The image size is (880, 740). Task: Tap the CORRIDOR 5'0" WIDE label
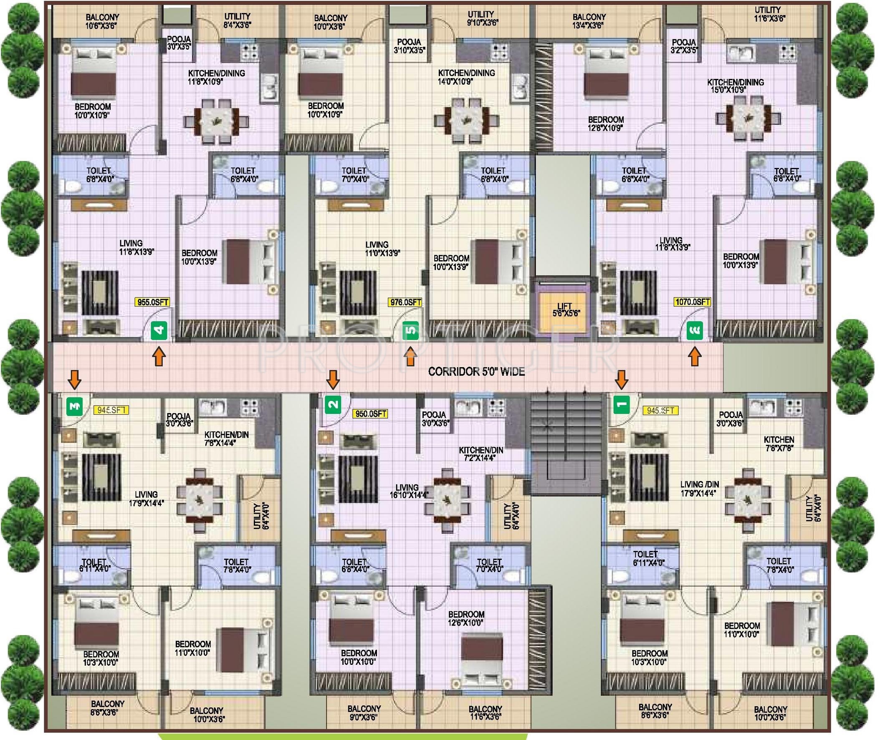pyautogui.click(x=476, y=371)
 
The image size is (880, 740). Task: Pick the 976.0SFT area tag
pyautogui.click(x=405, y=302)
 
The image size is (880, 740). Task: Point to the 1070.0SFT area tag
pyautogui.click(x=692, y=302)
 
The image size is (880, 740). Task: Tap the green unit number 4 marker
pyautogui.click(x=159, y=331)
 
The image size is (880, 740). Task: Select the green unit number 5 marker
pyautogui.click(x=411, y=331)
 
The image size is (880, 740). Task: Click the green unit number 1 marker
pyautogui.click(x=622, y=404)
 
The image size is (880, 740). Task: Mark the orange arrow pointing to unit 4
pyautogui.click(x=159, y=358)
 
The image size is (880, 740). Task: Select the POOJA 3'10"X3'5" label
pyautogui.click(x=409, y=46)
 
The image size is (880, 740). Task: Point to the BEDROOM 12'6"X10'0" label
pyautogui.click(x=466, y=619)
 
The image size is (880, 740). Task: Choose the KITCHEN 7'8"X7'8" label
pyautogui.click(x=779, y=443)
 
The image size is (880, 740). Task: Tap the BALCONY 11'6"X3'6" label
pyautogui.click(x=485, y=713)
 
